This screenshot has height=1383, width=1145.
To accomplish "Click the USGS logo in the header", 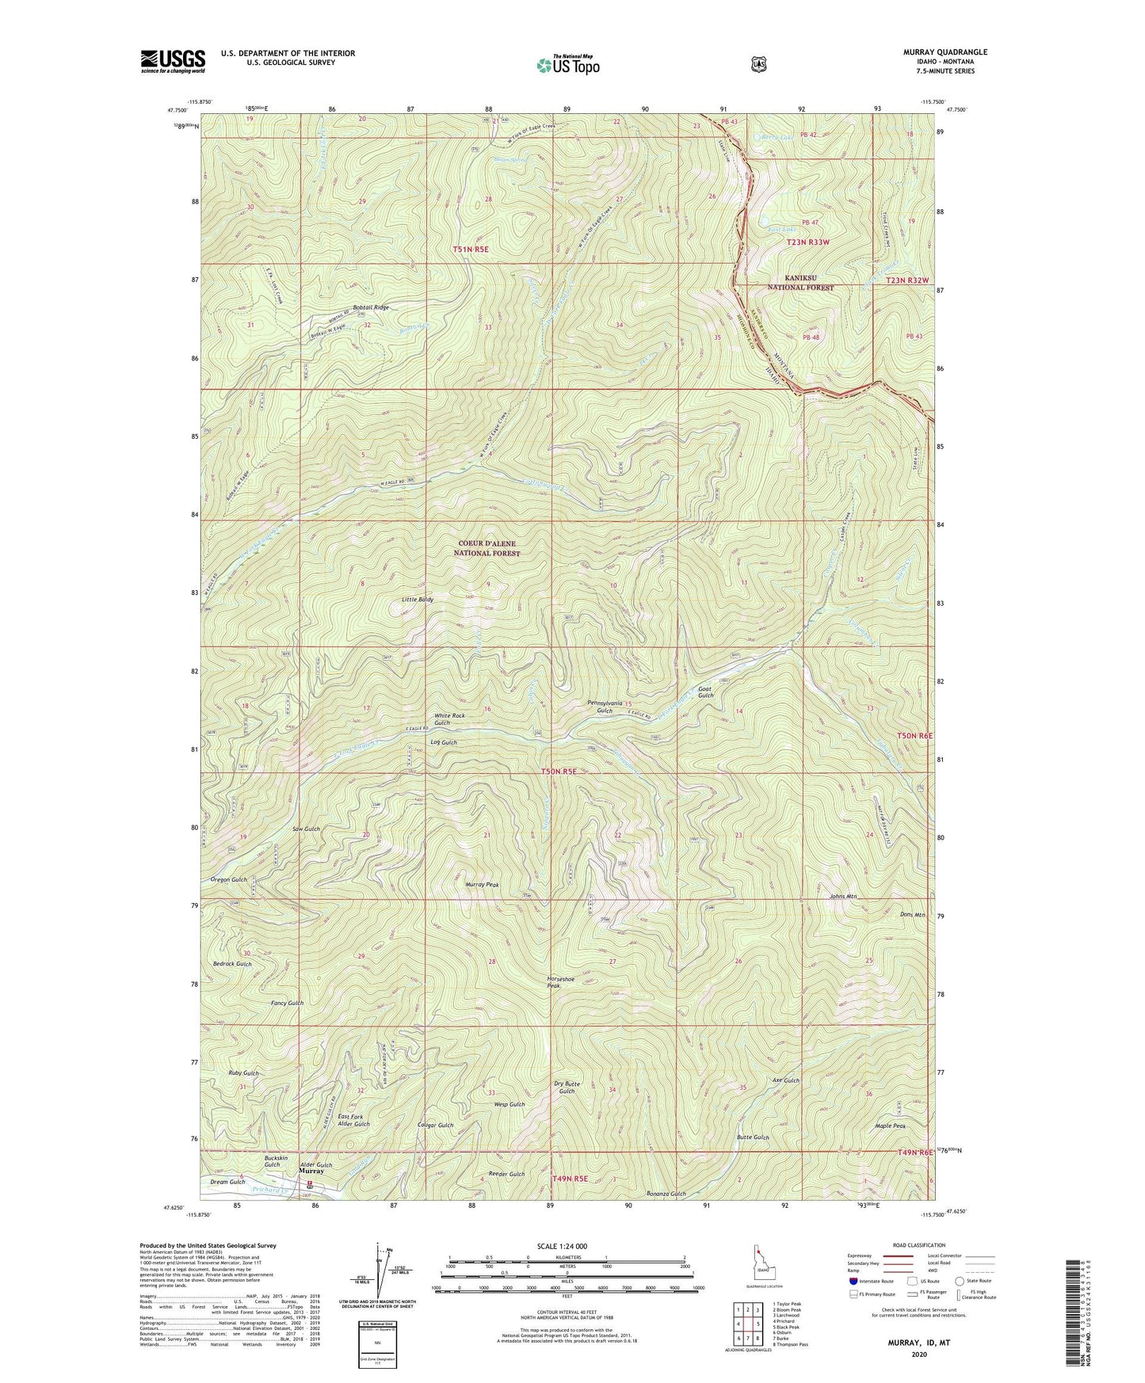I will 173,61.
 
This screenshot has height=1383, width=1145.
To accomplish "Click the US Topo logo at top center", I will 567,64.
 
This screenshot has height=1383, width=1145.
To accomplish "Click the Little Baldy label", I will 418,600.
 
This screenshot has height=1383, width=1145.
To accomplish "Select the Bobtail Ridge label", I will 370,307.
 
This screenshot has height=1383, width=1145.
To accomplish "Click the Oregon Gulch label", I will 229,880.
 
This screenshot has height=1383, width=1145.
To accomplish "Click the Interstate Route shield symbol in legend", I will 853,1280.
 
